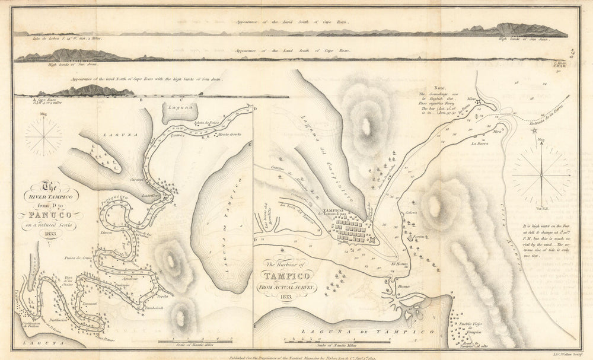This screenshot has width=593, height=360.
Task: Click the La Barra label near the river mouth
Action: tap(480, 143)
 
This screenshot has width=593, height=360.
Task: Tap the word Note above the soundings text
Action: tap(439, 87)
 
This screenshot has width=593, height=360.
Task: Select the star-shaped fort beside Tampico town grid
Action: tap(372, 240)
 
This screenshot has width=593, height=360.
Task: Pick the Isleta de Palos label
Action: tap(204, 123)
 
